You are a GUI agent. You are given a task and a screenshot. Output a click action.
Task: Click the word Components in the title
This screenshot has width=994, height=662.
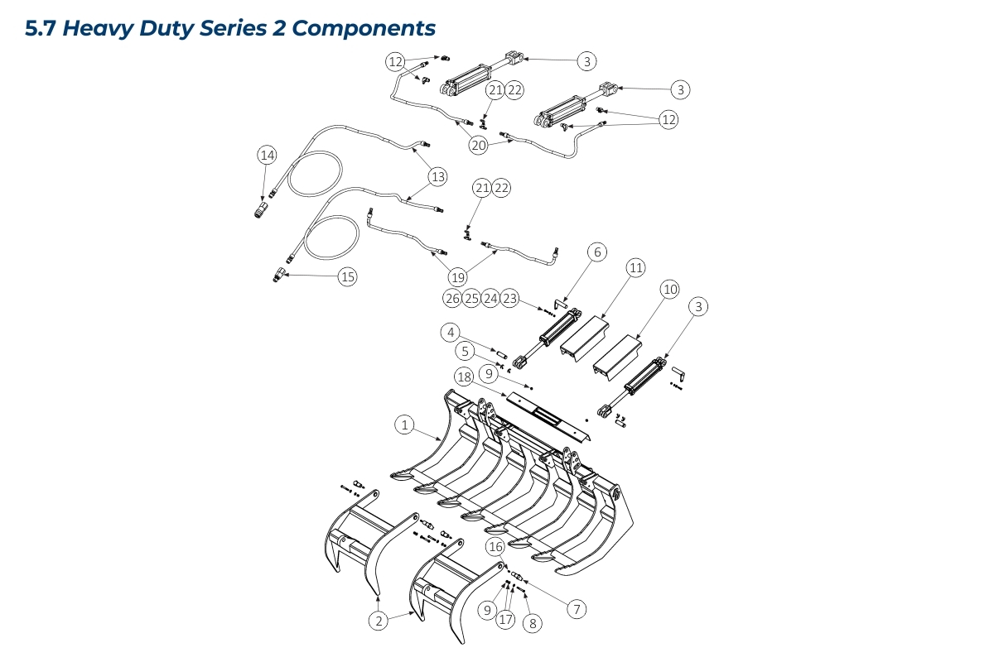click(364, 28)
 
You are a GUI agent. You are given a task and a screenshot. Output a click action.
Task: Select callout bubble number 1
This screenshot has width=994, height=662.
click(403, 425)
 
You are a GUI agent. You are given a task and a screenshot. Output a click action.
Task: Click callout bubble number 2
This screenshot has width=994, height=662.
click(379, 619)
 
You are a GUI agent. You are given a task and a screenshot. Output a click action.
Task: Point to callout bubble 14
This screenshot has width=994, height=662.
click(267, 155)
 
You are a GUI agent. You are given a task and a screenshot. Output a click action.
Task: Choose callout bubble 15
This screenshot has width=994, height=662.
click(347, 277)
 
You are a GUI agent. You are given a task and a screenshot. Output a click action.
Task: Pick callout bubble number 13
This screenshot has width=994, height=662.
click(437, 176)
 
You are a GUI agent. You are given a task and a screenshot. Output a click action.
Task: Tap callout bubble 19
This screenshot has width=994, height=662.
click(458, 277)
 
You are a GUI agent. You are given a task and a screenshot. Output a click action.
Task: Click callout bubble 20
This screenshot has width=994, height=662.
click(479, 145)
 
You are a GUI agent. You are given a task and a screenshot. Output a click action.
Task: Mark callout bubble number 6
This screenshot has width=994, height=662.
click(597, 252)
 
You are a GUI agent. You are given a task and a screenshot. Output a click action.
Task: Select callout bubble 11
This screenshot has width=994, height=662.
click(635, 267)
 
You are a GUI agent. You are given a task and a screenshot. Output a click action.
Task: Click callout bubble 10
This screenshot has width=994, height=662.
click(670, 289)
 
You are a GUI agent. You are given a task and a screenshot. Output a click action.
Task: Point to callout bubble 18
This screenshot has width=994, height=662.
click(464, 377)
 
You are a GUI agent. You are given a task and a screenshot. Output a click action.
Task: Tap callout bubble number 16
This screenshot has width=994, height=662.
click(495, 546)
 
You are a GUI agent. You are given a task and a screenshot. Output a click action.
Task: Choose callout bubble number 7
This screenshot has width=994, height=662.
click(577, 609)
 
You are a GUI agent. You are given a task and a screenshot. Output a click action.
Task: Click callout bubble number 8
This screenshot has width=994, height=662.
click(533, 623)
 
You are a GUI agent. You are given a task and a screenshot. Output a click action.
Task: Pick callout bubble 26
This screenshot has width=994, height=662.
click(452, 298)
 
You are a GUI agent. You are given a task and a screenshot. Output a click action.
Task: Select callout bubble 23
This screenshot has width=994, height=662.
click(510, 298)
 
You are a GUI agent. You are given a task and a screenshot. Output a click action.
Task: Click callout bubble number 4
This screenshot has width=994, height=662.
click(451, 333)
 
